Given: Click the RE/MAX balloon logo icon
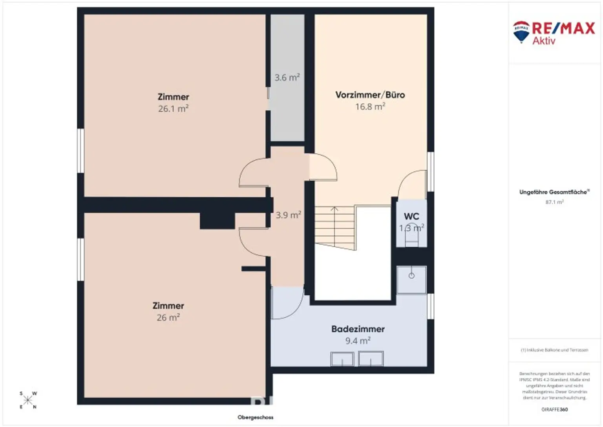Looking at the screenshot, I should click(521, 31).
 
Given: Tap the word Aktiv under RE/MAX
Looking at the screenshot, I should click(544, 41).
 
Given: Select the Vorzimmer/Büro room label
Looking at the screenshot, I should click(370, 95).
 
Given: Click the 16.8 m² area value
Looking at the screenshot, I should click(370, 106).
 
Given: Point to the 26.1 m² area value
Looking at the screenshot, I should click(173, 109).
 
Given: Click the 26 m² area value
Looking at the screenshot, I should click(168, 317).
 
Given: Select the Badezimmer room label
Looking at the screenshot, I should click(358, 329).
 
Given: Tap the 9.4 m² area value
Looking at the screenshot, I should click(358, 341).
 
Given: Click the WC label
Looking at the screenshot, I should click(411, 216).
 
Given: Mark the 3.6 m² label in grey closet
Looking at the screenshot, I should click(287, 77).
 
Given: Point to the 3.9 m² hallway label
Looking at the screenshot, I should click(288, 215).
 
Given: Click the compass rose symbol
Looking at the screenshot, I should click(28, 400).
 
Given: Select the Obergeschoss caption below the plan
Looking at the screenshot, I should click(255, 417).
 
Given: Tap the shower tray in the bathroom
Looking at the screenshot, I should click(411, 280).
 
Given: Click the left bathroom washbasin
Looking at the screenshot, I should click(342, 359).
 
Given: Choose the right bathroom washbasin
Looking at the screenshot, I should click(371, 359).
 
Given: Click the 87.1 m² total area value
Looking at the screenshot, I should click(554, 202).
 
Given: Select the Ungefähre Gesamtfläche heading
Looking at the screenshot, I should click(554, 192).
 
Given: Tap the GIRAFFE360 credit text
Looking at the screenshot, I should click(554, 409).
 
